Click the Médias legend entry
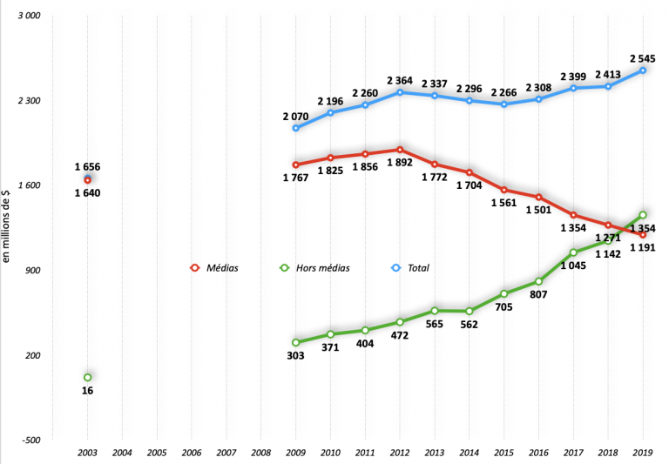click(215, 268)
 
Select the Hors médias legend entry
click(314, 268)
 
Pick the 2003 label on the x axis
click(87, 453)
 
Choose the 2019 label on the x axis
click(643, 453)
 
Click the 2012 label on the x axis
click(400, 453)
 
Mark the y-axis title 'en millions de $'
click(7, 228)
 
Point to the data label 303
click(295, 355)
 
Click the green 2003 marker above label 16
click(87, 377)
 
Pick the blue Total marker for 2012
click(400, 92)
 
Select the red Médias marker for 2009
click(295, 165)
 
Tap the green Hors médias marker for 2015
click(503, 293)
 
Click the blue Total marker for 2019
click(643, 70)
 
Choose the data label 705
click(505, 307)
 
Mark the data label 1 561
click(505, 204)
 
